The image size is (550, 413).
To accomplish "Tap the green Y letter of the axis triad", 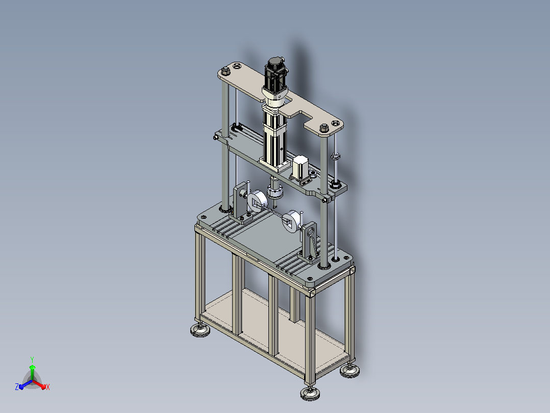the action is point(32,359).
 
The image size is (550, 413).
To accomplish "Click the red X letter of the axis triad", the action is point(48,387).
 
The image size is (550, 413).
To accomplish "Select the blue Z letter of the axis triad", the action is point(17,386).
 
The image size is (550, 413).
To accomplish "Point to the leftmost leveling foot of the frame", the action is point(201,330).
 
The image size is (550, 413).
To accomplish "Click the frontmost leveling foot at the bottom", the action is point(310,393).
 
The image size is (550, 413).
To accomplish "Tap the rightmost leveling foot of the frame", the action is point(349,371).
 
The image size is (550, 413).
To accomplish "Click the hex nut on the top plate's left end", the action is point(226,72).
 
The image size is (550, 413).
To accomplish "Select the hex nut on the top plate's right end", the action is point(324,128).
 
